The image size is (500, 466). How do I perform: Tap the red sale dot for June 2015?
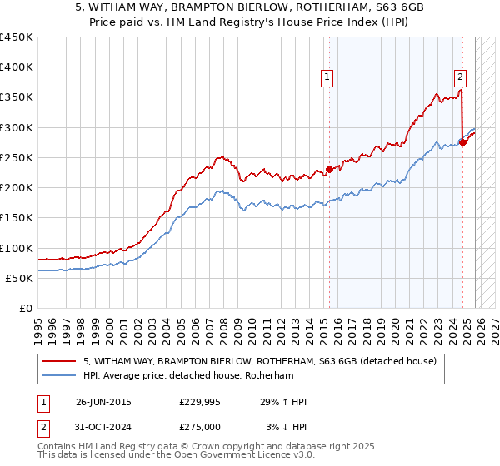(x=329, y=170)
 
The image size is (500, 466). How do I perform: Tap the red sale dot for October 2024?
(x=463, y=142)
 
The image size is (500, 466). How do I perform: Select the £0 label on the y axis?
(x=26, y=308)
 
